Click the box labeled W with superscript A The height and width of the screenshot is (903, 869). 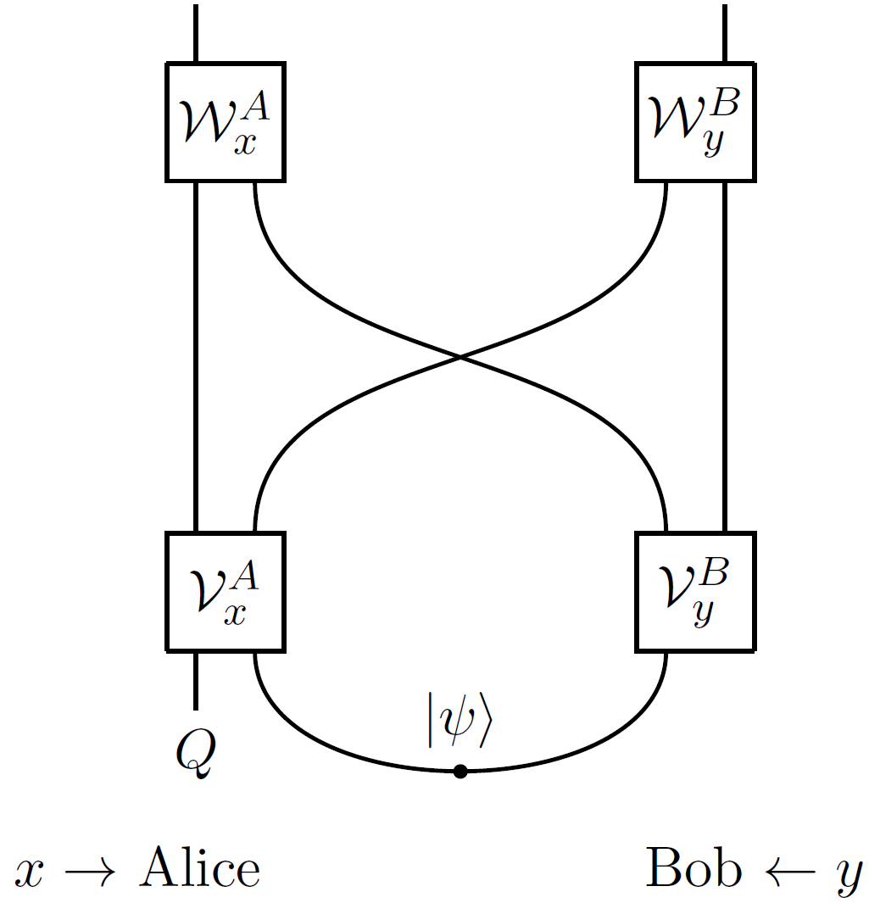(x=226, y=121)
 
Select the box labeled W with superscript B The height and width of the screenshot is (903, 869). (x=695, y=121)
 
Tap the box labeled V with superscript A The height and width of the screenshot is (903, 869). (x=226, y=591)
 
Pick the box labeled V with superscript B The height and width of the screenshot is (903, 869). (x=695, y=591)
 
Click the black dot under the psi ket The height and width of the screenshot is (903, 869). (x=460, y=771)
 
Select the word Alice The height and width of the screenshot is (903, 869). (x=200, y=868)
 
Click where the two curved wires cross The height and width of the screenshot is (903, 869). (x=460, y=357)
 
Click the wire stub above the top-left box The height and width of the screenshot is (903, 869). (x=196, y=32)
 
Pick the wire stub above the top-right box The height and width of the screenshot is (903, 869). (x=725, y=32)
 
